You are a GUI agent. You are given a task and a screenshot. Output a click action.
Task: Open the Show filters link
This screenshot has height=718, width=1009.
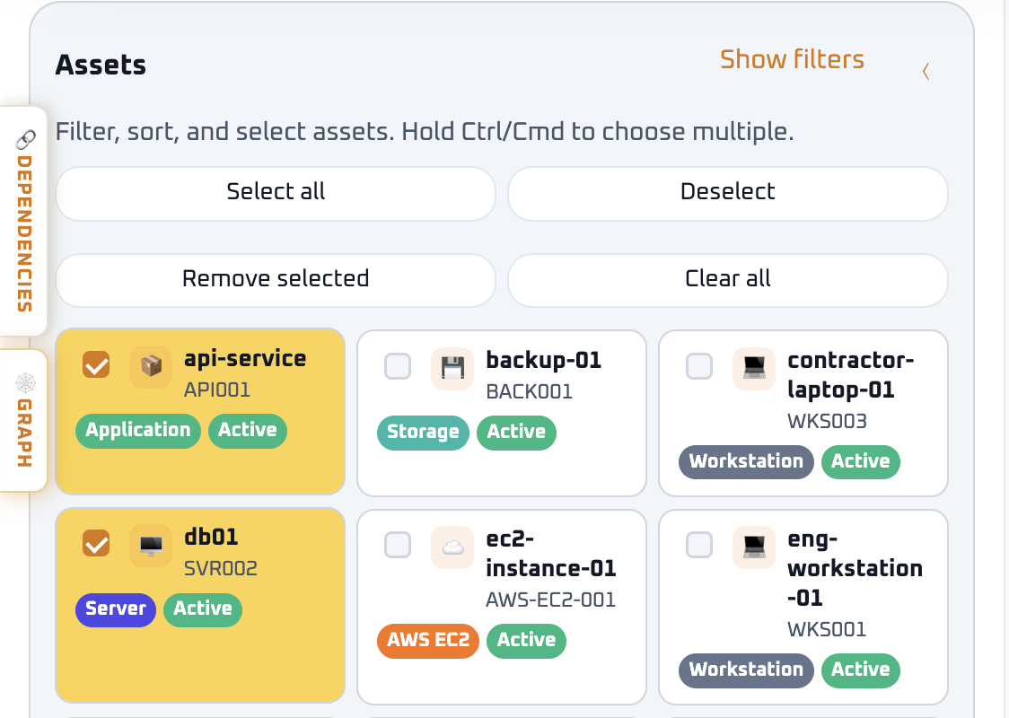tap(792, 59)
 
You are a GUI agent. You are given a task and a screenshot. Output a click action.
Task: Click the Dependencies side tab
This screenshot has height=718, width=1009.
tap(24, 221)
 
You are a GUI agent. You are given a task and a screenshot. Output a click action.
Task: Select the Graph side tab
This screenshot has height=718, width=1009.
tap(24, 420)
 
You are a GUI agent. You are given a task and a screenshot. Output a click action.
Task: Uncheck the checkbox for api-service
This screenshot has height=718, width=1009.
tap(96, 364)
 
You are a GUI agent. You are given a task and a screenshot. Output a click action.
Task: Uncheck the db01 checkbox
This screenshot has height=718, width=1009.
tap(96, 543)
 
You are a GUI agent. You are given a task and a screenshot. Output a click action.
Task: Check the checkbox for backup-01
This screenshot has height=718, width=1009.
tap(398, 366)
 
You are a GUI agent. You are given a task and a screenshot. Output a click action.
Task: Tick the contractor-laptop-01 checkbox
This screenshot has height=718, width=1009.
tap(699, 366)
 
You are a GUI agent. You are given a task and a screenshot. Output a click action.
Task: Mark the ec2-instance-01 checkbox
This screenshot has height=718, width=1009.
tap(398, 545)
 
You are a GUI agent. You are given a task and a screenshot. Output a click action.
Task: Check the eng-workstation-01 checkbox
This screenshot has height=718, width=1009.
tap(699, 545)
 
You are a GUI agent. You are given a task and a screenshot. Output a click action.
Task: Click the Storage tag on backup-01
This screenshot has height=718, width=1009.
tap(424, 433)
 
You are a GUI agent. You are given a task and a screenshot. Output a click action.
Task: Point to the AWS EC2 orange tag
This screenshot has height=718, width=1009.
tap(428, 641)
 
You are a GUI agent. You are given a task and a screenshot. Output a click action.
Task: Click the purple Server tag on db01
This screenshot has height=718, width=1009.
tap(116, 610)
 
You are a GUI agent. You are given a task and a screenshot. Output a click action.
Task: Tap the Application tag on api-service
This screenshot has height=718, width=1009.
tap(138, 431)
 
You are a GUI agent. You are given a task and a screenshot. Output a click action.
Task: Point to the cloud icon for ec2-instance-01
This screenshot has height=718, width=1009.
tap(452, 547)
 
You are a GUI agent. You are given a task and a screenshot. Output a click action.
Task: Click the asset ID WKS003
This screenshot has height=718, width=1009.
tap(827, 422)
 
